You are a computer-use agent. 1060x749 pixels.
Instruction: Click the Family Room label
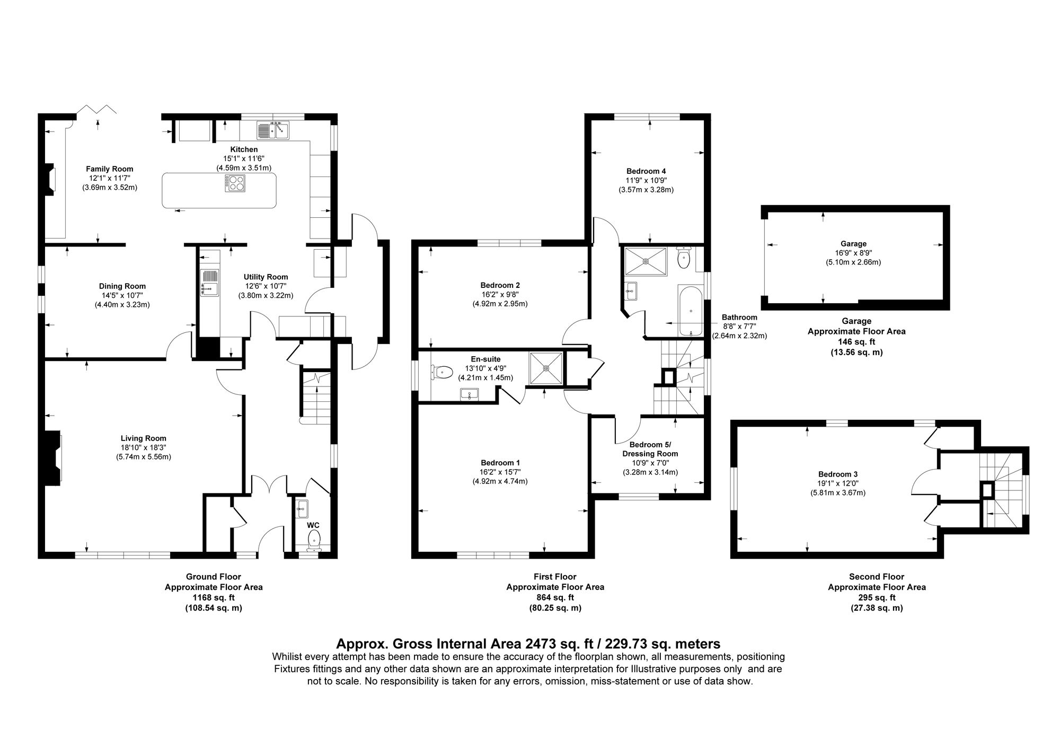click(110, 169)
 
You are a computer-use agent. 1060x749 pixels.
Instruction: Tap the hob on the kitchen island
click(235, 183)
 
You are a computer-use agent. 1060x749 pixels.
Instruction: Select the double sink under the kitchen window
click(273, 130)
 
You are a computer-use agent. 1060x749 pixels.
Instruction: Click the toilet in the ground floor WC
click(314, 539)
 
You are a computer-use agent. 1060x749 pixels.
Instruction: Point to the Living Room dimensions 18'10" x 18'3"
click(143, 447)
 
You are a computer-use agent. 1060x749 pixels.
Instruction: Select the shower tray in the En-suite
click(546, 367)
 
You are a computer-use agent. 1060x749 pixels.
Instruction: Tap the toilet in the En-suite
click(442, 372)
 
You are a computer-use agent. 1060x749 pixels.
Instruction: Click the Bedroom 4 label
click(646, 171)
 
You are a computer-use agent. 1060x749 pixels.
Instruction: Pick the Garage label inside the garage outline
click(853, 244)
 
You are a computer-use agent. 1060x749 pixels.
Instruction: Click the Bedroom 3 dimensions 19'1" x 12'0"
click(837, 483)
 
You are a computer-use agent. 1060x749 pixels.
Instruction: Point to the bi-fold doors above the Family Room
click(97, 110)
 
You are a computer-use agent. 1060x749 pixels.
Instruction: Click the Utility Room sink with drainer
click(210, 281)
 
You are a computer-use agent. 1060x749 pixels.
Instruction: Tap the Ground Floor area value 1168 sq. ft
click(213, 597)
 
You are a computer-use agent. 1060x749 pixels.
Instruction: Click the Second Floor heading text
click(876, 577)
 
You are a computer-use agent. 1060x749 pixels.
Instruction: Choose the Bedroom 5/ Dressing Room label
click(650, 449)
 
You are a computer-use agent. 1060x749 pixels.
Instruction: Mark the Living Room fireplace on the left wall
click(54, 458)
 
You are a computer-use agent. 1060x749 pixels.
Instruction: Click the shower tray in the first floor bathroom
click(646, 260)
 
